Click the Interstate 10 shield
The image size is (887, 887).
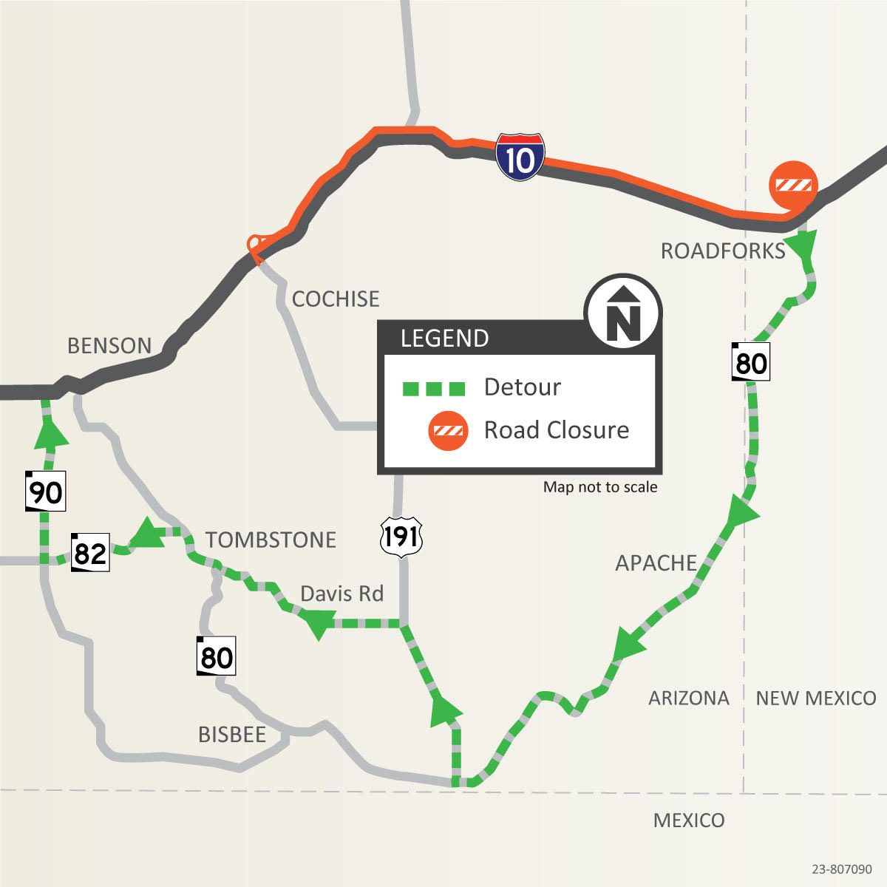[520, 157]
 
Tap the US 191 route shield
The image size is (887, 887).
[401, 536]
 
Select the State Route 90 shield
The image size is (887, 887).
[46, 491]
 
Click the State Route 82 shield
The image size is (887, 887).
[90, 552]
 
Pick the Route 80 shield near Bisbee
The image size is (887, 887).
[216, 656]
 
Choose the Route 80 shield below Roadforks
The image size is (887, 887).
[751, 362]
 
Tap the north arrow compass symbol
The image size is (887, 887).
[623, 312]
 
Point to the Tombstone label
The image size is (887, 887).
[271, 540]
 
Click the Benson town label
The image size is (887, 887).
[109, 345]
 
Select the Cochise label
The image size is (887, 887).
[336, 299]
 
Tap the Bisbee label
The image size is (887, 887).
[232, 734]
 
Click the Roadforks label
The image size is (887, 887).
[723, 251]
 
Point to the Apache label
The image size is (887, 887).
[656, 563]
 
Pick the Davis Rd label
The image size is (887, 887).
[341, 594]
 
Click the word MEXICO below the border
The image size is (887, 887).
[689, 820]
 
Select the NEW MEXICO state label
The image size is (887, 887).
[815, 698]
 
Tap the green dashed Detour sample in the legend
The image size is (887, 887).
[434, 388]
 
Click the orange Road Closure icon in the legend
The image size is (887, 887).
[448, 431]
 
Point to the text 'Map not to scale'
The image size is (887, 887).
[600, 486]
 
